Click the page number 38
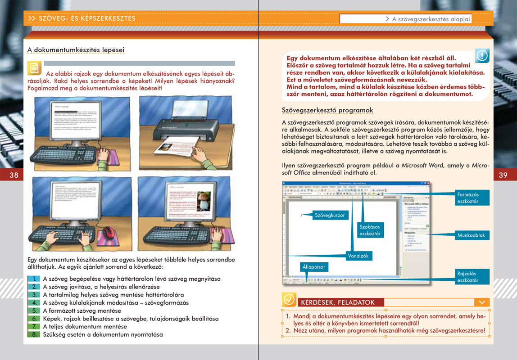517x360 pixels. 14,175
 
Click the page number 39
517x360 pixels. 503,175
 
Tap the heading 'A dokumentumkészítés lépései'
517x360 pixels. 76,50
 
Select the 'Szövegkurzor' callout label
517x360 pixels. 330,216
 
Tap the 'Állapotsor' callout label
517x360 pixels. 313,267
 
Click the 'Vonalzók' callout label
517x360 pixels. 358,256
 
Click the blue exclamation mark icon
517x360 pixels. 482,56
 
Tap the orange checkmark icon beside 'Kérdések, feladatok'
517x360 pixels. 289,300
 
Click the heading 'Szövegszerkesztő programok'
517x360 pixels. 327,110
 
